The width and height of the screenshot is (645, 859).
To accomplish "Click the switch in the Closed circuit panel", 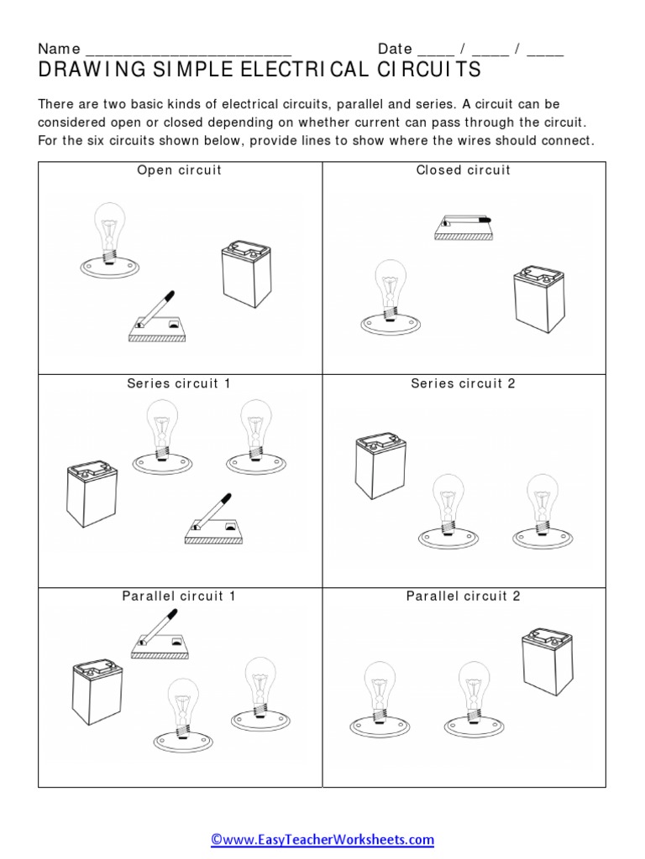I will coord(463,226).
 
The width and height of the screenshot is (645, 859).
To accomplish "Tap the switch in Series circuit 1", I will coord(214,522).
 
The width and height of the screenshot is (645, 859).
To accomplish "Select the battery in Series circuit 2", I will coord(380,466).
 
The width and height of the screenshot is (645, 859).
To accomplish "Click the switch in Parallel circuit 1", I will coord(160,636).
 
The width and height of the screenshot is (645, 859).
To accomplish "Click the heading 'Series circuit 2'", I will coord(463,383).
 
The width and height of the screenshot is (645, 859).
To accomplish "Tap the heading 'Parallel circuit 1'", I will coord(179,596).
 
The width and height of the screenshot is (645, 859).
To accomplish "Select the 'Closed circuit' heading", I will coord(464,170).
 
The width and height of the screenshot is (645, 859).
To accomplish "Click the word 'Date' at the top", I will coord(395,49).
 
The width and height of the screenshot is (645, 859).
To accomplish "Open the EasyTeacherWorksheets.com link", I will coord(322,839).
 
